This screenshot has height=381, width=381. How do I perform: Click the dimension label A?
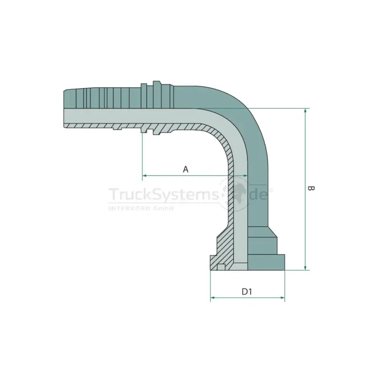pyautogui.click(x=185, y=169)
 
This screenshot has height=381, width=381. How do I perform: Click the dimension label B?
pyautogui.click(x=311, y=188)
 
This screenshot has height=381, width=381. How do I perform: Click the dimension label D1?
pyautogui.click(x=247, y=291)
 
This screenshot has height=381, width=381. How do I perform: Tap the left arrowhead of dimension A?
pyautogui.click(x=144, y=175)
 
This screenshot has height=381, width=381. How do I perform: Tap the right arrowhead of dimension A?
pyautogui.click(x=245, y=175)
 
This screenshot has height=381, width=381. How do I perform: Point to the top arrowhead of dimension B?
pyautogui.click(x=305, y=110)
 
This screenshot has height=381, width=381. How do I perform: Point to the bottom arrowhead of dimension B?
pyautogui.click(x=305, y=268)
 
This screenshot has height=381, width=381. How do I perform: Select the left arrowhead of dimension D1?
pyautogui.click(x=212, y=297)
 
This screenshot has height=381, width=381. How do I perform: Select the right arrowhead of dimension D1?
pyautogui.click(x=282, y=297)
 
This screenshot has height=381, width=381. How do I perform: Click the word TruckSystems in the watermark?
pyautogui.click(x=164, y=194)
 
